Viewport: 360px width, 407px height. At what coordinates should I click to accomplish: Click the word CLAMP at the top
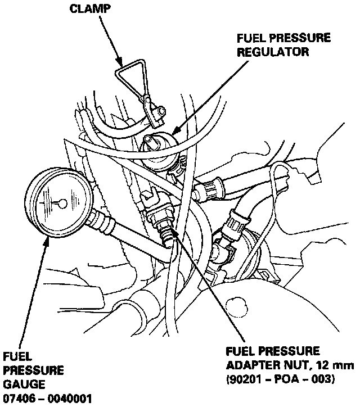click(89, 10)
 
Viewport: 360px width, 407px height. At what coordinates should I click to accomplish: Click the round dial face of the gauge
click(56, 202)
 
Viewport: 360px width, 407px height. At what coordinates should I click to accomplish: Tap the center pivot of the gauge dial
click(62, 202)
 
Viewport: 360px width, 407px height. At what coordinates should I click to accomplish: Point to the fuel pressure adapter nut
click(163, 225)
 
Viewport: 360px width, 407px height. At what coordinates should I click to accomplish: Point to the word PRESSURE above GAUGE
click(34, 371)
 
